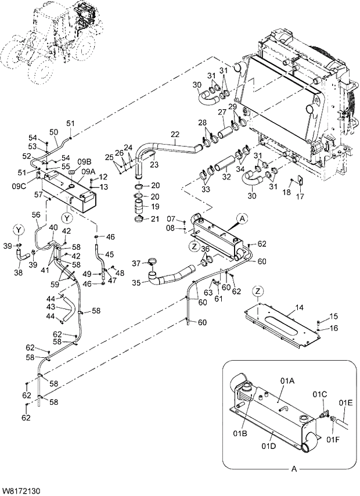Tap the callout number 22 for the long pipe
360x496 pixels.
[175, 135]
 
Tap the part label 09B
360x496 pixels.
[85, 161]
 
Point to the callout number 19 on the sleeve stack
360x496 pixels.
[155, 206]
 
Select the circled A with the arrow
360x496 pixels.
[242, 218]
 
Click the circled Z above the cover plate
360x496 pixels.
[258, 290]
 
